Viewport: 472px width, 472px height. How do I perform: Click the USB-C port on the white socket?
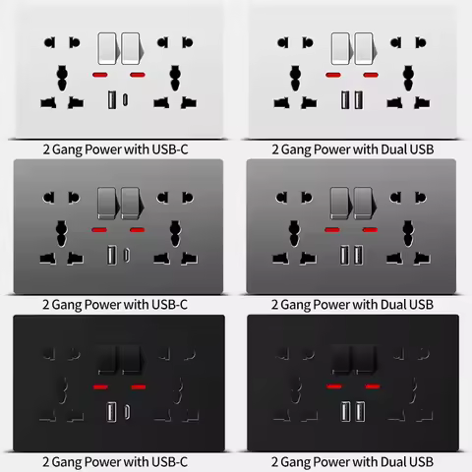pos(125,99)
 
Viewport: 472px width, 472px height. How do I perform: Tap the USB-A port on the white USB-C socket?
pos(110,99)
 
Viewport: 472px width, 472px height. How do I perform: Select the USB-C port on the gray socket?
pos(125,257)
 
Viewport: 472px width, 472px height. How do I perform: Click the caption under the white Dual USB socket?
pos(351,149)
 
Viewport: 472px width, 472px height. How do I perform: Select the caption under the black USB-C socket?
pos(115,461)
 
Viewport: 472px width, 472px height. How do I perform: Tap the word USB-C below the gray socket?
pos(167,305)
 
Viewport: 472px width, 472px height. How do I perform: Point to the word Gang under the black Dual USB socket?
pos(302,461)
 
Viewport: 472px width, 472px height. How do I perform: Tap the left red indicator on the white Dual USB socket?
pos(335,76)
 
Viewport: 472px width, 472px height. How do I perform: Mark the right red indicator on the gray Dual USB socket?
pos(370,230)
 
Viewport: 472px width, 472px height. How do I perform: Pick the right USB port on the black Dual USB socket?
pos(360,410)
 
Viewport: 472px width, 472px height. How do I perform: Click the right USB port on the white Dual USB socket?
pos(360,99)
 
